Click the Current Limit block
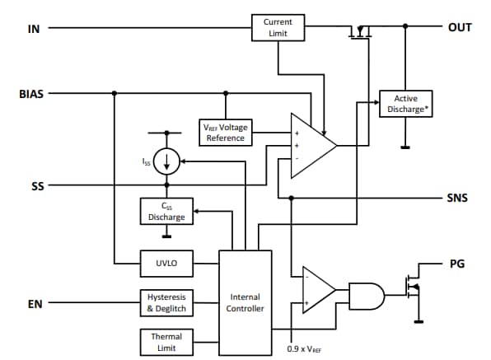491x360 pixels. (x=278, y=27)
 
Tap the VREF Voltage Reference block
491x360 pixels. (x=225, y=133)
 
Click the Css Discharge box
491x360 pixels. (x=166, y=212)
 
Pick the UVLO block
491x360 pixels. (x=166, y=264)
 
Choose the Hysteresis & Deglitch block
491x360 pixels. (x=166, y=302)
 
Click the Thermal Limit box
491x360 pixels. (x=166, y=341)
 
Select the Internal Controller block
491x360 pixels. (x=245, y=302)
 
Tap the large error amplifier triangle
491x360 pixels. (x=311, y=145)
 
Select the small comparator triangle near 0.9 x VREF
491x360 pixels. (x=316, y=290)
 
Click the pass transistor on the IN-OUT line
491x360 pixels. (x=359, y=33)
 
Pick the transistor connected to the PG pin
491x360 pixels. (x=413, y=290)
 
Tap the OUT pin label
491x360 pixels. (x=459, y=27)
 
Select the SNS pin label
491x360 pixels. (x=458, y=199)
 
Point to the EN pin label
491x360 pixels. (x=34, y=304)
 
